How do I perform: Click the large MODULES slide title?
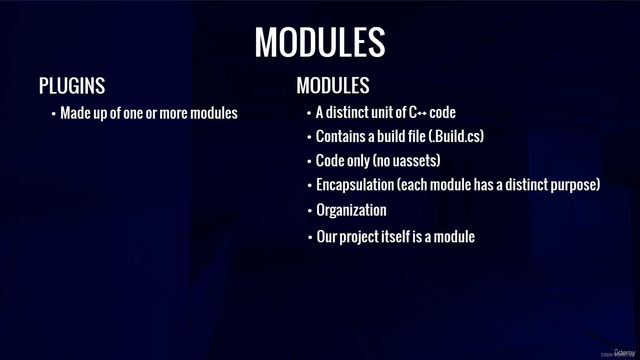point(320,42)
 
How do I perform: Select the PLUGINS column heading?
point(72,86)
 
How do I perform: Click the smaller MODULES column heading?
point(333,85)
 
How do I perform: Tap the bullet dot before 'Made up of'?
point(54,114)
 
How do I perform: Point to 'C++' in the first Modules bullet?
point(417,113)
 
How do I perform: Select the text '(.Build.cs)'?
point(456,136)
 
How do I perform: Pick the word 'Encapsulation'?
point(355,185)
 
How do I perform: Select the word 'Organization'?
point(351,210)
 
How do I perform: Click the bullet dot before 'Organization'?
point(310,211)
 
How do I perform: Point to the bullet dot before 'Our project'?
point(310,238)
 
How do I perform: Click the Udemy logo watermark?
point(625,352)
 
